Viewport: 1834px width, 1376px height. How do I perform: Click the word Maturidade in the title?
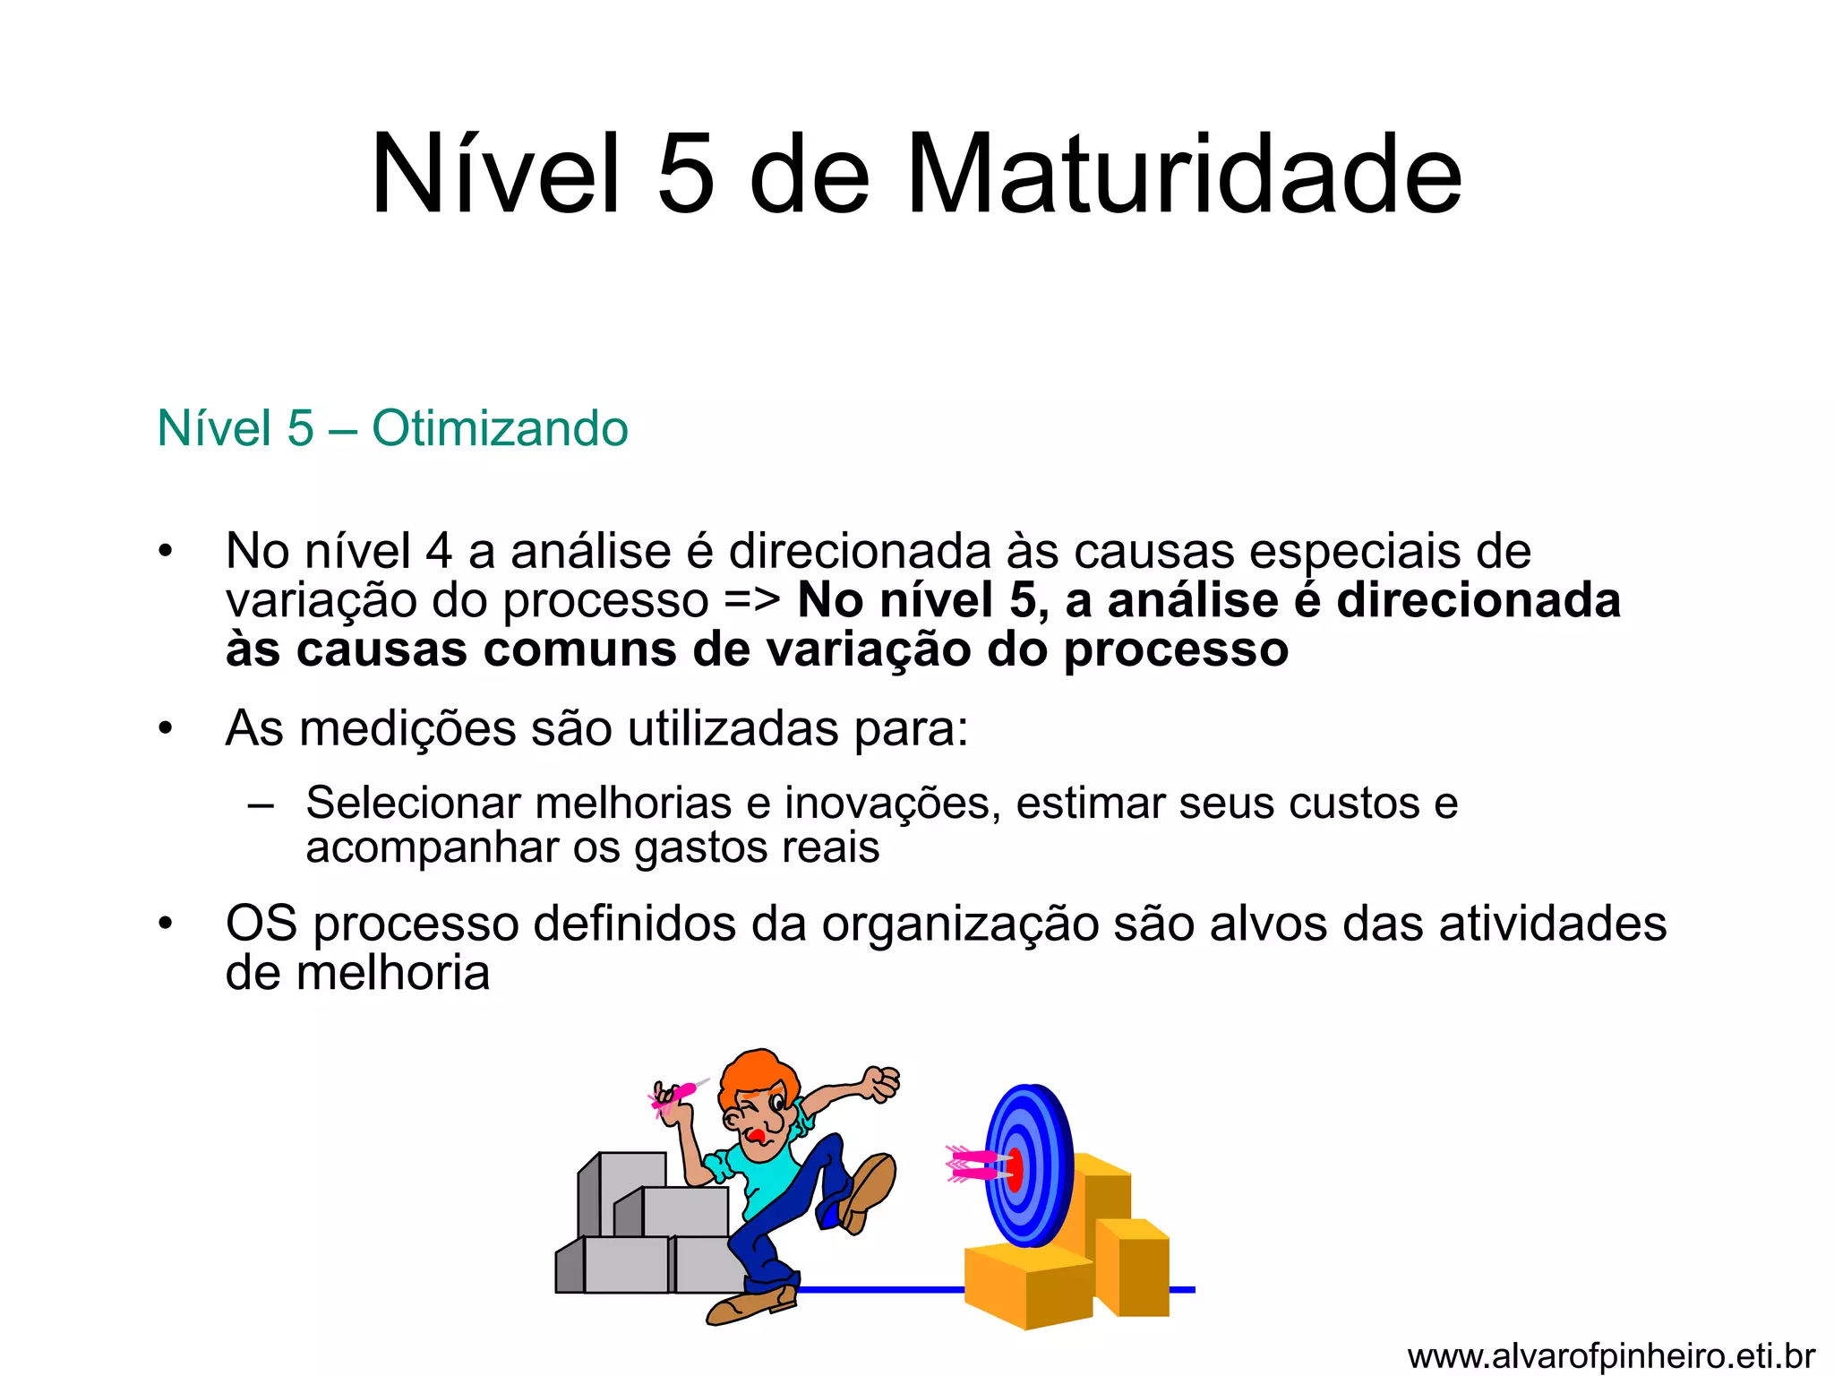(x=1183, y=175)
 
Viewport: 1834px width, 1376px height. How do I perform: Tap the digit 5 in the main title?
(x=686, y=175)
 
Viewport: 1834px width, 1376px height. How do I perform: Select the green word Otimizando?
(x=500, y=428)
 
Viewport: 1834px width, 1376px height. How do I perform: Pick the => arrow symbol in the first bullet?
(x=752, y=600)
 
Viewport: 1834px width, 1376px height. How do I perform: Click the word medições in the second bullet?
(x=407, y=728)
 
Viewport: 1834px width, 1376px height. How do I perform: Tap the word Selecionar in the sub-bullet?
(x=413, y=803)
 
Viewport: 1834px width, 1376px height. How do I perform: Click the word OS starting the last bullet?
(x=261, y=924)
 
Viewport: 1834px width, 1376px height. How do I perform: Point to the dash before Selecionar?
(x=261, y=804)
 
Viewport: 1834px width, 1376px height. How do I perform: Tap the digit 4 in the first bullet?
(x=439, y=551)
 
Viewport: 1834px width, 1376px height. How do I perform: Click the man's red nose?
(x=757, y=1137)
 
